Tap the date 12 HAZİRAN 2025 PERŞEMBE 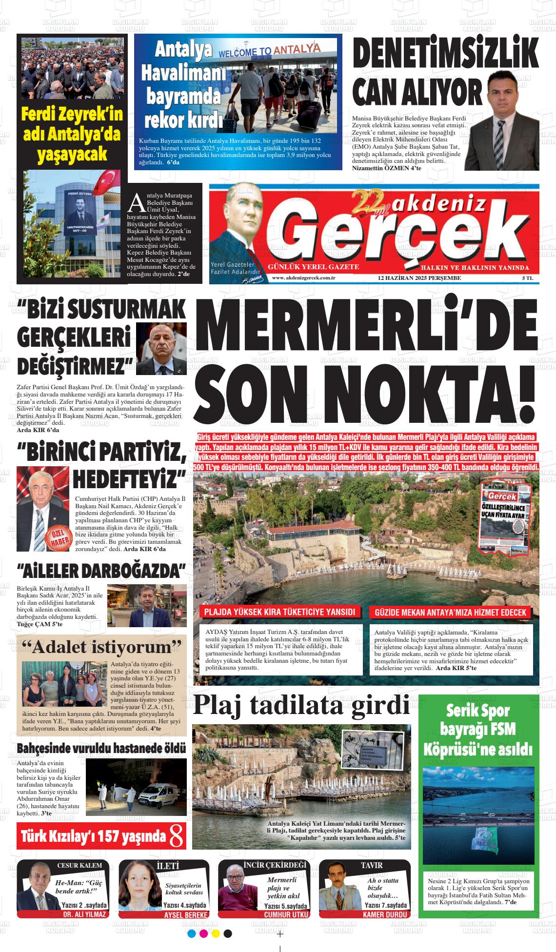coord(419,278)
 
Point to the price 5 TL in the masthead coord(527,278)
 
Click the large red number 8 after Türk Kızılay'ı coord(177,837)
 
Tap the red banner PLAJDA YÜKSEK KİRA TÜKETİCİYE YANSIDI coord(279,613)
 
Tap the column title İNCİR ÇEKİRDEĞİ coord(276,865)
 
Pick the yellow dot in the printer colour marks coord(216,933)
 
